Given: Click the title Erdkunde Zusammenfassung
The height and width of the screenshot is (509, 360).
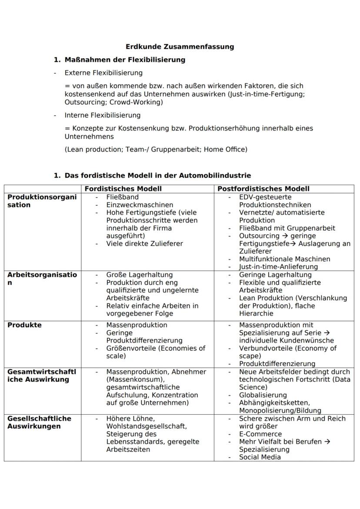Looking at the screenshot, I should (x=180, y=47).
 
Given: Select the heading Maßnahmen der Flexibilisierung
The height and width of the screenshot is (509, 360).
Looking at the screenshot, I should (x=125, y=60).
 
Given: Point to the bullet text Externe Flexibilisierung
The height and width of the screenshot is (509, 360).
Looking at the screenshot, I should (x=103, y=73).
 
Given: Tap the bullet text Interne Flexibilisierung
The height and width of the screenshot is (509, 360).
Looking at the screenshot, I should (x=103, y=115).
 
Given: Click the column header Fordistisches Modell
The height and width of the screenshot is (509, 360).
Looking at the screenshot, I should (x=123, y=189).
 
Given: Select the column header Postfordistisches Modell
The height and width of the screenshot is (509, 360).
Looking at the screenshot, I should (x=263, y=189).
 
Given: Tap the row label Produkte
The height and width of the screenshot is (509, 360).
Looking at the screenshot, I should (x=24, y=325).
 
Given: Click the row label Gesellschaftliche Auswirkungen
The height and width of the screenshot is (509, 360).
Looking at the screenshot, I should (x=39, y=422).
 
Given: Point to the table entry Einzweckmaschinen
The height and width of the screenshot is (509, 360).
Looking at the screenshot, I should (x=140, y=205).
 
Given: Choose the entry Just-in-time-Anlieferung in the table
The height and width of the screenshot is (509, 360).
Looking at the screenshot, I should (x=278, y=267).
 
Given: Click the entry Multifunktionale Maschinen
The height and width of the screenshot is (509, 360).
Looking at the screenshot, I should (x=284, y=259).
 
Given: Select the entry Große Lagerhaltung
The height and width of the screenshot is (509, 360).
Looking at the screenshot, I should (x=139, y=275).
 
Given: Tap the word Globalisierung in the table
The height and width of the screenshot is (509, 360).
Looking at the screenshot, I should (x=263, y=395).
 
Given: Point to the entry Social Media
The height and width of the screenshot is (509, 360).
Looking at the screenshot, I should (x=260, y=457).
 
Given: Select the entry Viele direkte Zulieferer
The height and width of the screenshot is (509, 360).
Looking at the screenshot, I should (x=144, y=243).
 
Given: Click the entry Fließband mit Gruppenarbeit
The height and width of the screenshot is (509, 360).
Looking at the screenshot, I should (x=287, y=228).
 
